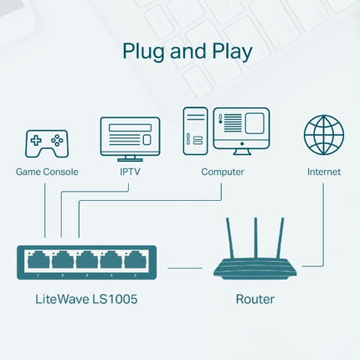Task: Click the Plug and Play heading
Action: point(187,51)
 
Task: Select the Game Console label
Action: point(47,172)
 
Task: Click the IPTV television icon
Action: point(129,137)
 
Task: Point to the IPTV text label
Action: point(129,172)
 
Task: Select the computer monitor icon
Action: point(241,127)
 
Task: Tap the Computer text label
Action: point(223,172)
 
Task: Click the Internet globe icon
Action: point(323,136)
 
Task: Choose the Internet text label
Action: point(323,172)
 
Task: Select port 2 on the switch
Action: point(62,260)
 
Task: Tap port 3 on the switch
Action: point(87,260)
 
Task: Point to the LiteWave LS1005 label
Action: point(86,298)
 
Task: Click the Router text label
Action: point(255,298)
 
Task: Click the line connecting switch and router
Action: point(185,268)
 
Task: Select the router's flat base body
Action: point(255,268)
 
